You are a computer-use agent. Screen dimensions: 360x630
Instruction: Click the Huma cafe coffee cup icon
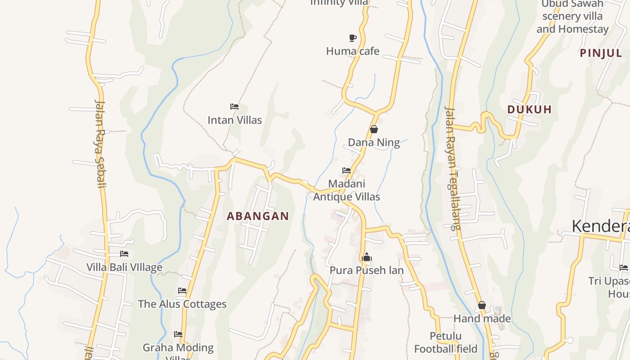(353, 38)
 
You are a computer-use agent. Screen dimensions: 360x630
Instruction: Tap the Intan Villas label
(234, 120)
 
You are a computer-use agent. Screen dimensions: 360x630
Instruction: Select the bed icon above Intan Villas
(234, 107)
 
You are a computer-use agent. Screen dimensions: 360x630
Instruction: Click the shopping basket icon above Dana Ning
(373, 129)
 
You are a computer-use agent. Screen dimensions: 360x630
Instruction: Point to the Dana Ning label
(373, 143)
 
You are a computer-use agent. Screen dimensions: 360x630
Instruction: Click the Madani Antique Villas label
(346, 190)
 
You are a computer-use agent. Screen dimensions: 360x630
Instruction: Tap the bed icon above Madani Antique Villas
(346, 171)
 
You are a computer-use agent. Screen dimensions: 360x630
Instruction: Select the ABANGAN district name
(258, 216)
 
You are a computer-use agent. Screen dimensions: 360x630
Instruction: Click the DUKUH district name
(529, 109)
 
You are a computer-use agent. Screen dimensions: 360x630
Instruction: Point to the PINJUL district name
(601, 53)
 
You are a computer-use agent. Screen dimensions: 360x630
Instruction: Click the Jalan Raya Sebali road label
(100, 143)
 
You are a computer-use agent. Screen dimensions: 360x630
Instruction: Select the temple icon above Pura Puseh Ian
(366, 257)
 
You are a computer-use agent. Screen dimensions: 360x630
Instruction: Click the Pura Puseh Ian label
(366, 270)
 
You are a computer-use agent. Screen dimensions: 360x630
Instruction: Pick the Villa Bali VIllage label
(124, 267)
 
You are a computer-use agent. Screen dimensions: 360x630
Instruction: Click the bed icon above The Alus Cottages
(182, 291)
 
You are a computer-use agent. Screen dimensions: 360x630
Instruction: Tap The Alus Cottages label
(182, 304)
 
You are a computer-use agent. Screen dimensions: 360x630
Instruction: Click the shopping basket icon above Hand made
(482, 305)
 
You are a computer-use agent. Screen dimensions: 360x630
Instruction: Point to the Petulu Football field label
(445, 342)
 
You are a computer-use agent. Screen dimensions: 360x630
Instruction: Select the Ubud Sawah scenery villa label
(572, 16)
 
